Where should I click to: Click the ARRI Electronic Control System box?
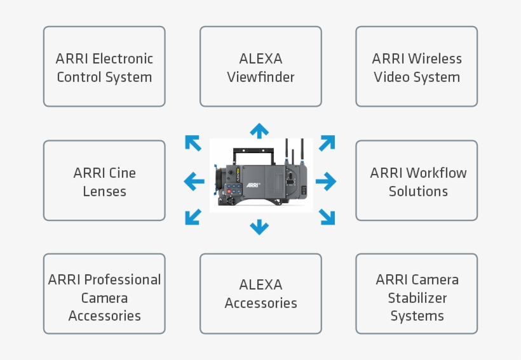pos(104,67)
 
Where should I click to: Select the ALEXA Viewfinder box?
pos(260,67)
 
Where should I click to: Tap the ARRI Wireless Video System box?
pos(416,67)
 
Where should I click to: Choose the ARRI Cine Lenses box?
pos(104,181)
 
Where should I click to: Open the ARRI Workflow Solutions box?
pos(416,181)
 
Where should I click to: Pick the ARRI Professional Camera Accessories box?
pos(104,294)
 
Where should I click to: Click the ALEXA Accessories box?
pos(260,294)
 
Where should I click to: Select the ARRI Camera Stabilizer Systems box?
pos(416,294)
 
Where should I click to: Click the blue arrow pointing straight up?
pos(259,131)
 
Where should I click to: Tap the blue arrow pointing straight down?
pos(259,226)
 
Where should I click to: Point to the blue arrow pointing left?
pos(194,182)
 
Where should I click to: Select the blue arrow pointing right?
pos(325,182)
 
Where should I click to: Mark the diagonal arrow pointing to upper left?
pos(193,143)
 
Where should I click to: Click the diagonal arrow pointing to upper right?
pos(327,143)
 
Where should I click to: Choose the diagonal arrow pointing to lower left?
pos(193,217)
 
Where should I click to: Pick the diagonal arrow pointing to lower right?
pos(327,217)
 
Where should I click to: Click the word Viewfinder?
pos(260,77)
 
